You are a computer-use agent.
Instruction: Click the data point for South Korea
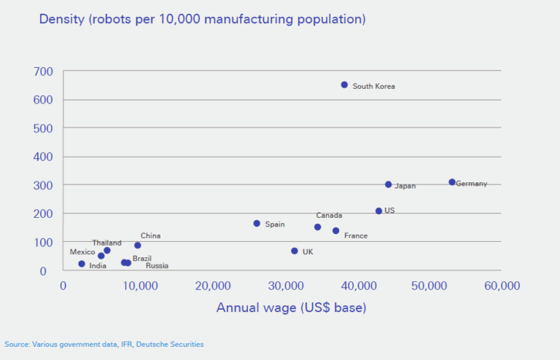pyautogui.click(x=345, y=85)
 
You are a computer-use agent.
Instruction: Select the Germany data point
pyautogui.click(x=452, y=182)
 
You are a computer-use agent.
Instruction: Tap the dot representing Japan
pyautogui.click(x=388, y=184)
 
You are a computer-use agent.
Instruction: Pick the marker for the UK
pyautogui.click(x=295, y=251)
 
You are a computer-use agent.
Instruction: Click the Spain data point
pyautogui.click(x=257, y=223)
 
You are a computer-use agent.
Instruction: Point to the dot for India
pyautogui.click(x=82, y=264)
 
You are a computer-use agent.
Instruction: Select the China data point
pyautogui.click(x=138, y=245)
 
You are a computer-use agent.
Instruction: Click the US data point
pyautogui.click(x=378, y=211)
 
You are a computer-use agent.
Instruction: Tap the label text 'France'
pyautogui.click(x=356, y=235)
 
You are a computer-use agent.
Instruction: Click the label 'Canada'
pyautogui.click(x=329, y=216)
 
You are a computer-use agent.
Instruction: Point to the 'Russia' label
pyautogui.click(x=157, y=266)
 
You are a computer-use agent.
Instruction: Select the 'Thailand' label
pyautogui.click(x=106, y=243)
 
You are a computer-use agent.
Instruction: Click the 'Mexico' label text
pyautogui.click(x=82, y=252)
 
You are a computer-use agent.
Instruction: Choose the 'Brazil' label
pyautogui.click(x=142, y=259)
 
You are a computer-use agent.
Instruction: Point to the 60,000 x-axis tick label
pyautogui.click(x=501, y=285)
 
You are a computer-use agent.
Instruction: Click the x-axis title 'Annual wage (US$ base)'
pyautogui.click(x=291, y=308)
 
